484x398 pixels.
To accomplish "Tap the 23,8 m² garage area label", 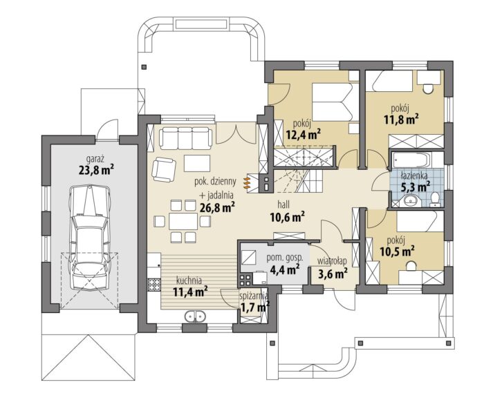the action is tap(96, 169).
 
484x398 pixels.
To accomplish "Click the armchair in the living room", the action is tap(164, 169).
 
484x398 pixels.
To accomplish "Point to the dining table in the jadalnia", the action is tap(183, 221).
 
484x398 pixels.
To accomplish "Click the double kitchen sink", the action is tap(195, 316).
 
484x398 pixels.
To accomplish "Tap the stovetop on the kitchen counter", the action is tap(154, 285).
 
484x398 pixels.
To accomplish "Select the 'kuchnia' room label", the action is tap(189, 281).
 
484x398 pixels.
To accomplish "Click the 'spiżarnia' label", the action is tap(254, 296).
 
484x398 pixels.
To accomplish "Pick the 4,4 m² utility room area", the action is tap(284, 269).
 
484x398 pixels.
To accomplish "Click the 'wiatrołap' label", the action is tap(332, 261).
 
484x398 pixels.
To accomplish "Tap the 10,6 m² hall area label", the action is tap(288, 217).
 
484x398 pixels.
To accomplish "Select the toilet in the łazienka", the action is tap(435, 199).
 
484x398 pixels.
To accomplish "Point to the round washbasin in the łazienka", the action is tap(411, 200).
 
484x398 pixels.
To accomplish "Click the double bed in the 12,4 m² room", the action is tap(332, 102).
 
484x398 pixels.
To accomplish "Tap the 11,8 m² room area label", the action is tap(401, 120).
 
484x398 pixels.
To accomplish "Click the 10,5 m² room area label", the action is tap(397, 251).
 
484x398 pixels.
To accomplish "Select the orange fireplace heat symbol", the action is tap(247, 182).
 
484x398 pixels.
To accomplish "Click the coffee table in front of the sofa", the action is tap(197, 163).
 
